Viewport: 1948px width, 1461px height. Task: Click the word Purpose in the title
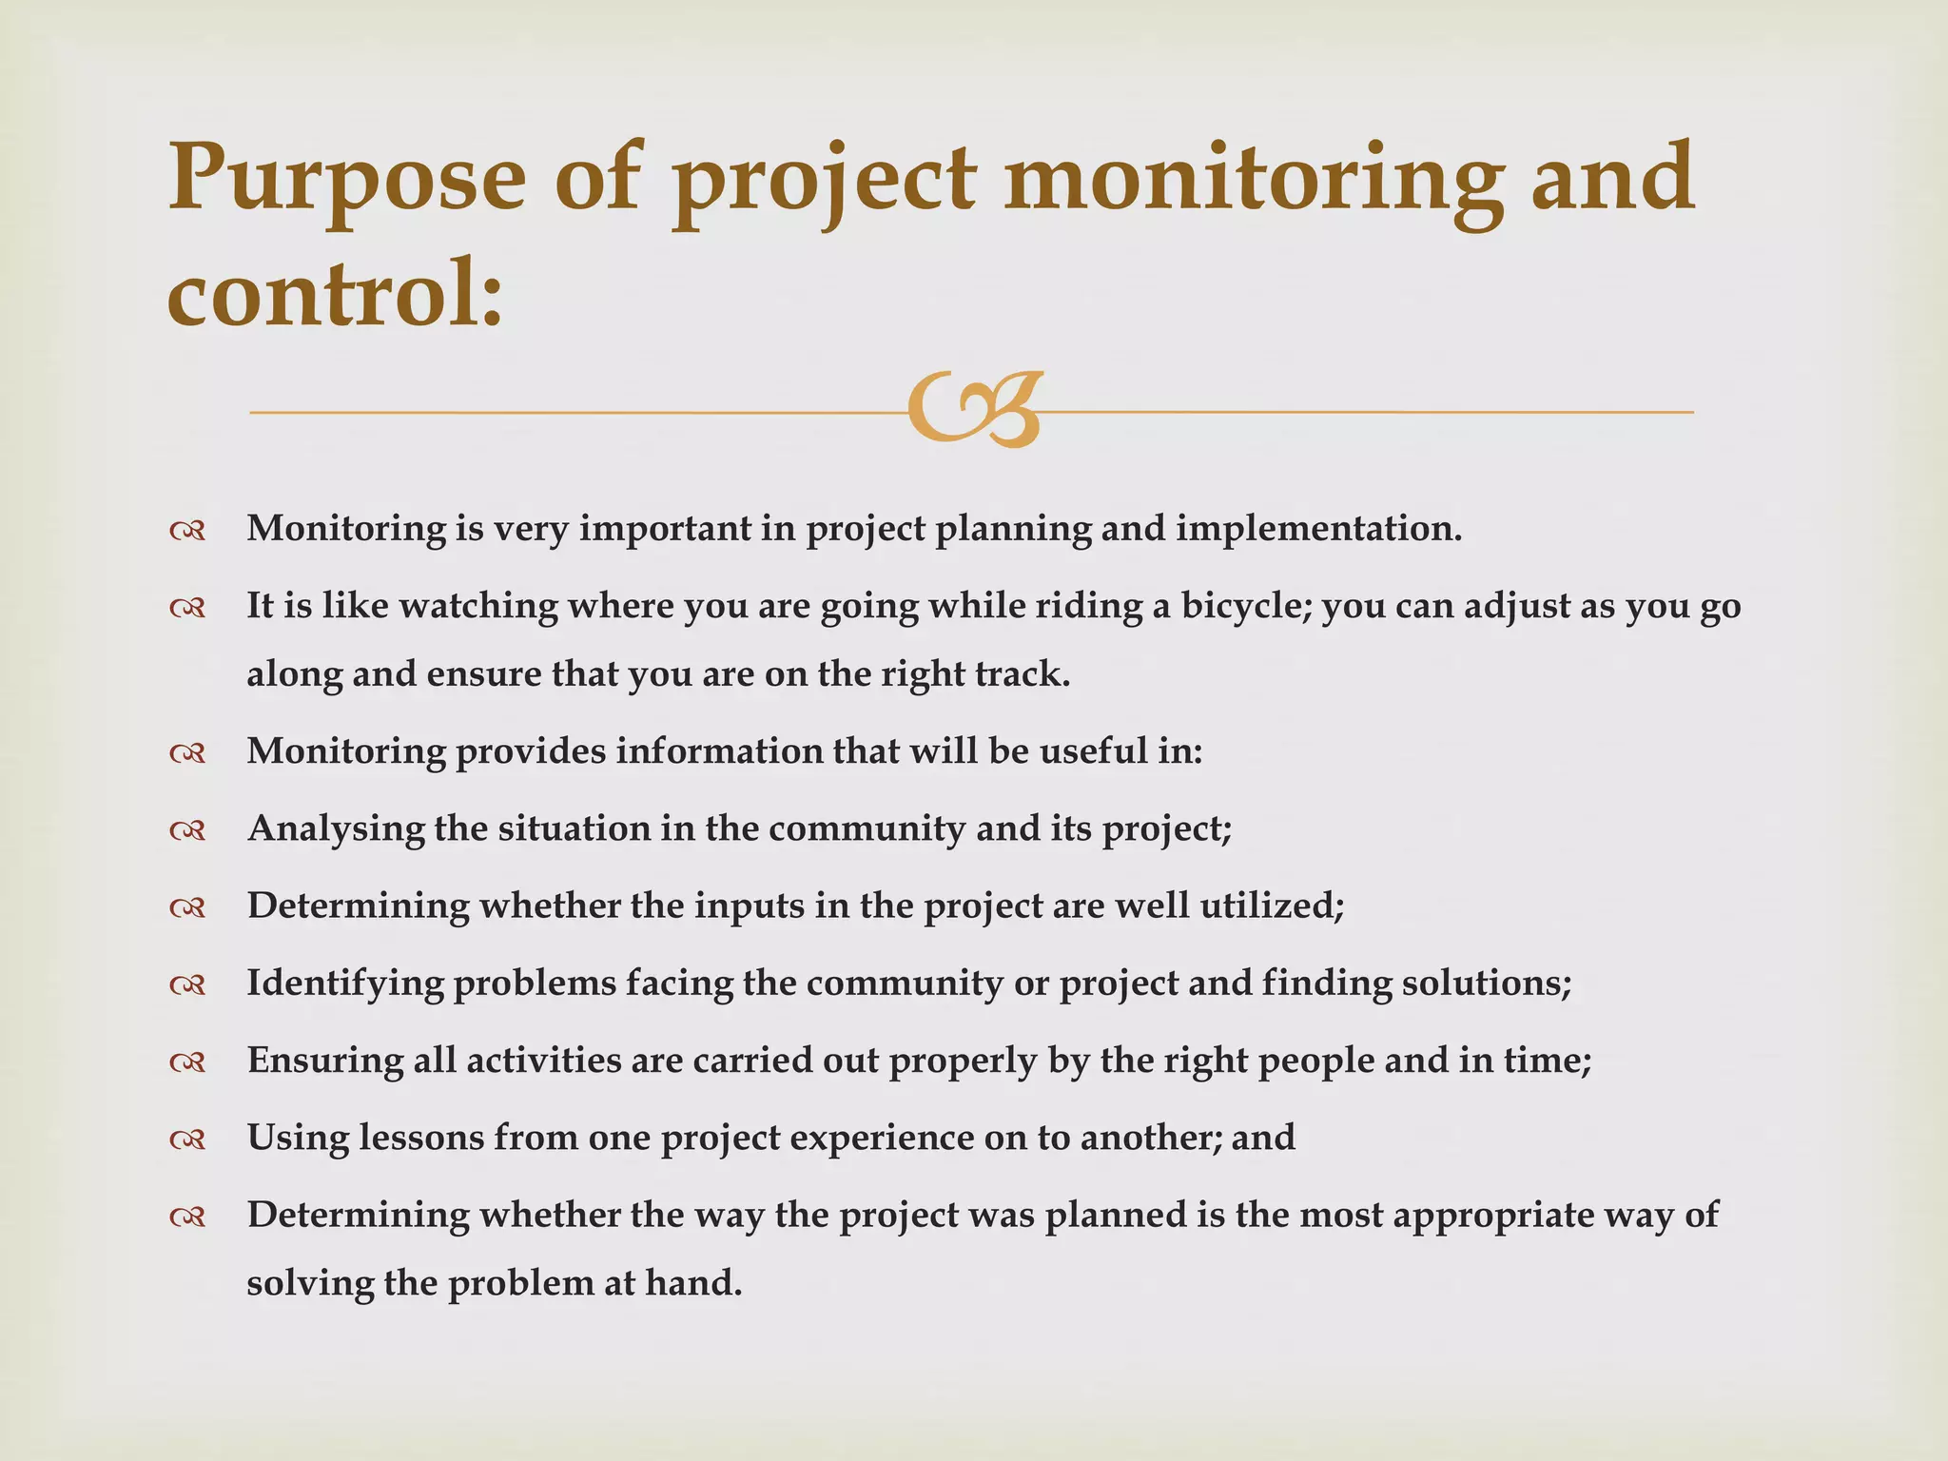[346, 179]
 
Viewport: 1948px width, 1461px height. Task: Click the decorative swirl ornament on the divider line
[974, 410]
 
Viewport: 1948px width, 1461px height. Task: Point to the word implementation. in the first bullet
[1318, 529]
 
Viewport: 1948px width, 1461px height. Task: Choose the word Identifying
[345, 984]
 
